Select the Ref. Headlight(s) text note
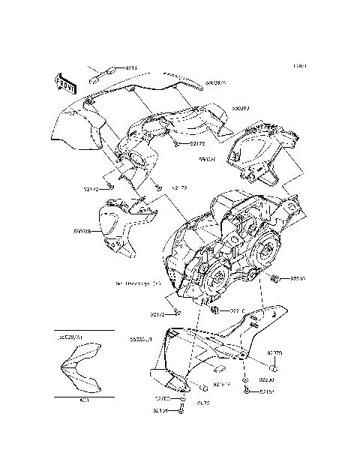tap(139, 285)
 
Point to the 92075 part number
tap(274, 352)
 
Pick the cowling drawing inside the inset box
tap(82, 367)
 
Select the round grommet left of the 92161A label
tap(203, 387)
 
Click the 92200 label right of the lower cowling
tap(276, 380)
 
